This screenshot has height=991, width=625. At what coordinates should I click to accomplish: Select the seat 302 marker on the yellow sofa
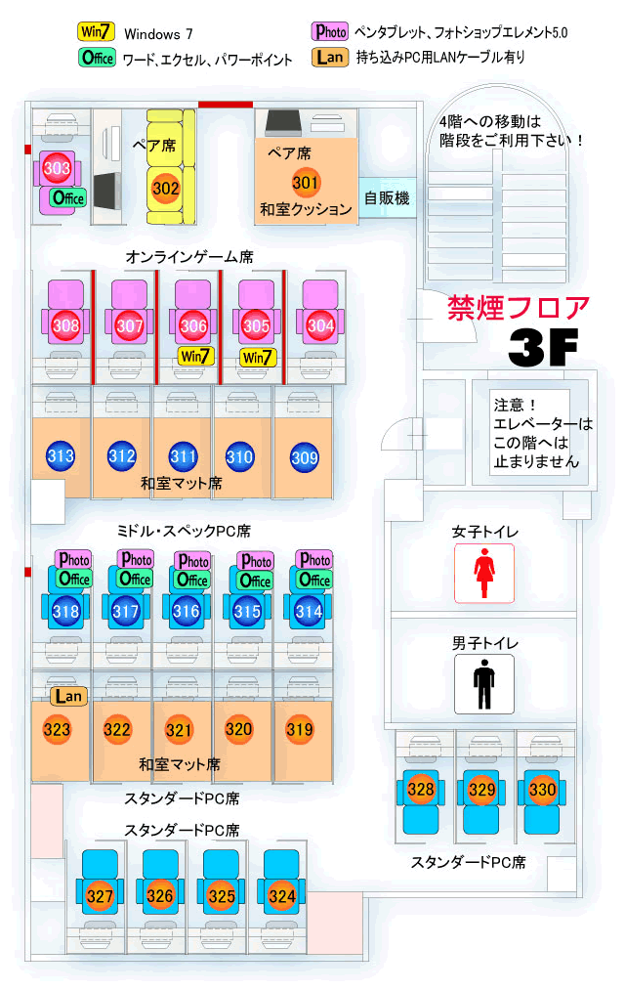pos(166,187)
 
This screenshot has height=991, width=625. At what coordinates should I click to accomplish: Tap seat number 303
pos(58,169)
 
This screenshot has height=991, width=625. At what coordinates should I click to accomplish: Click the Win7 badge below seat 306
pos(194,356)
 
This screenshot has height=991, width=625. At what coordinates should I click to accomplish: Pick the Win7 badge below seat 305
pos(257,356)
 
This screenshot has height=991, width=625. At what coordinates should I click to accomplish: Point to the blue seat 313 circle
pos(61,455)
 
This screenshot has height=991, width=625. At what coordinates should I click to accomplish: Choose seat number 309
pos(305,455)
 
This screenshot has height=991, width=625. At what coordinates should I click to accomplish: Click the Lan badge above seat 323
pos(68,696)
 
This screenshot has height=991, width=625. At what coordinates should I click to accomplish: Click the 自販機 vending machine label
pos(387,198)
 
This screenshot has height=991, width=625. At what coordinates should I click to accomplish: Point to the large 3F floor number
pos(543,346)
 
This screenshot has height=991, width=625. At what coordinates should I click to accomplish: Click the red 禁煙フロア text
pos(519,307)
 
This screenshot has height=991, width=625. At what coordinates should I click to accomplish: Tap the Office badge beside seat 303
pos(68,197)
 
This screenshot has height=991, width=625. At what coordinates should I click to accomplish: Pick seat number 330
pos(542,789)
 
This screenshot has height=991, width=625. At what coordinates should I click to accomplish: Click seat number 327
pos(100,895)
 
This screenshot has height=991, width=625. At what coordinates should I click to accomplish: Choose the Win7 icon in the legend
pos(98,32)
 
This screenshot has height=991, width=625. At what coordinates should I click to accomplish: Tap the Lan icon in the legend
pos(331,58)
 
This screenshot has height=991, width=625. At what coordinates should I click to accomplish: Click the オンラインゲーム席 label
pos(189,257)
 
